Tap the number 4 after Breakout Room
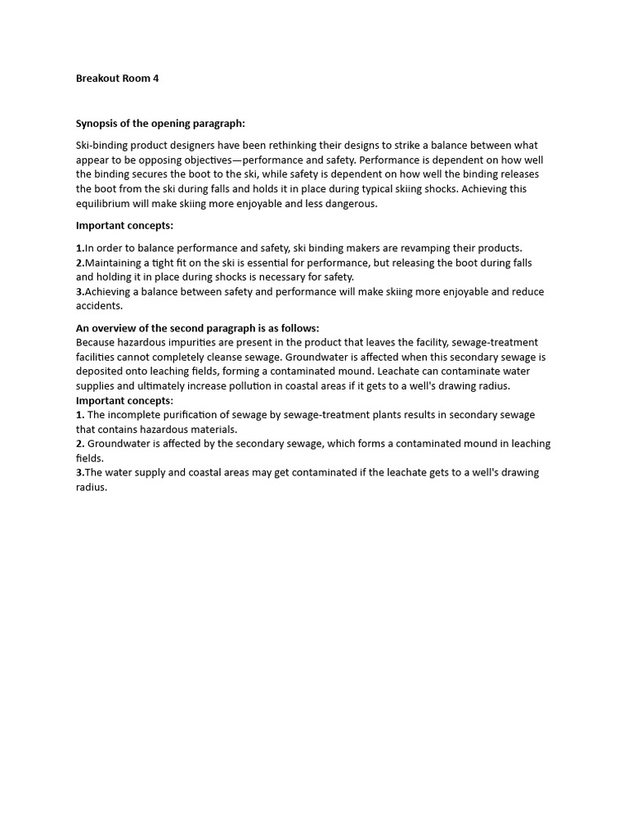(x=156, y=79)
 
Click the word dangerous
(x=349, y=204)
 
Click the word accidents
(x=99, y=306)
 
